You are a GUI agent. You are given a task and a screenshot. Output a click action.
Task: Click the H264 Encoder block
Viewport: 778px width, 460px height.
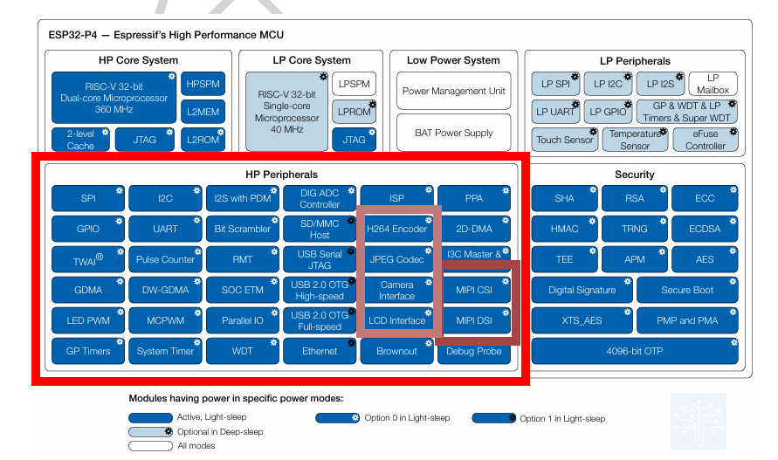[x=396, y=229]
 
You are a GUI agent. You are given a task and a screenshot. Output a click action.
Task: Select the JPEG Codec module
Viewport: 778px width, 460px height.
[x=396, y=259]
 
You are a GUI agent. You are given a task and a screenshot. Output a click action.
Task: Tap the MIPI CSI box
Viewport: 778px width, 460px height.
[x=473, y=290]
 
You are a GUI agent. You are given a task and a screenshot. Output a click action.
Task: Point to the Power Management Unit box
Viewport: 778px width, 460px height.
[x=453, y=91]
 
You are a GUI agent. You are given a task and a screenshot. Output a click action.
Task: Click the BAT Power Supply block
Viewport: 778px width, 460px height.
[x=453, y=134]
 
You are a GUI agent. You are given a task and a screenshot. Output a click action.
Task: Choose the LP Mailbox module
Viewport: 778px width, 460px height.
[x=713, y=84]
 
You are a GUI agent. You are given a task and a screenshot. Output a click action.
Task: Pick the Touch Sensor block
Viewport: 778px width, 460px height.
[x=564, y=140]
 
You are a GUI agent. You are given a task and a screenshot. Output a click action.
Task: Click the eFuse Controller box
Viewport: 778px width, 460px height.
[x=706, y=140]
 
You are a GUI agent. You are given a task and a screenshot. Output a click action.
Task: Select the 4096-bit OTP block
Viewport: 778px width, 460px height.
[x=635, y=351]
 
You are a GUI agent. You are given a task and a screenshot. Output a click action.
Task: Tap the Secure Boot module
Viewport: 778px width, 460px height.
[x=687, y=290]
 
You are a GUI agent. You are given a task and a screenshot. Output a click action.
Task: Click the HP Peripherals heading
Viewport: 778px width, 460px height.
[x=281, y=175]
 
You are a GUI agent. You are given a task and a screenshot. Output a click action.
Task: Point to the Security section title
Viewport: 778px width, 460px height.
[x=635, y=175]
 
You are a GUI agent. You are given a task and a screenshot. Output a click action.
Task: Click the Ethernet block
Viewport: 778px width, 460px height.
[x=320, y=351]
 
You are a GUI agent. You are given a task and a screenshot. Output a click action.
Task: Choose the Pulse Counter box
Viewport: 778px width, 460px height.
[x=165, y=259]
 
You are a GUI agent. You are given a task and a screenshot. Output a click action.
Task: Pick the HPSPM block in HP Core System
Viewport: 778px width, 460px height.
[x=203, y=84]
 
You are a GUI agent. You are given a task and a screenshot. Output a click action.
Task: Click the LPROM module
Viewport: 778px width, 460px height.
[x=354, y=112]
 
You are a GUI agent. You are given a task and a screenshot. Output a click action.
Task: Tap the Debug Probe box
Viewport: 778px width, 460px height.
[x=473, y=351]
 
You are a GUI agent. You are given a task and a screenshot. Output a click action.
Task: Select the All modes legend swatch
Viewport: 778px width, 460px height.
[x=150, y=446]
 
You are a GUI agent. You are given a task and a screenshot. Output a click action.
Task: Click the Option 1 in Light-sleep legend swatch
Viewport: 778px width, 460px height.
[x=494, y=418]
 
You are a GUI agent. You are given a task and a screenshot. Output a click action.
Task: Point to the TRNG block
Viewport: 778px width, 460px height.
[x=635, y=229]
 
